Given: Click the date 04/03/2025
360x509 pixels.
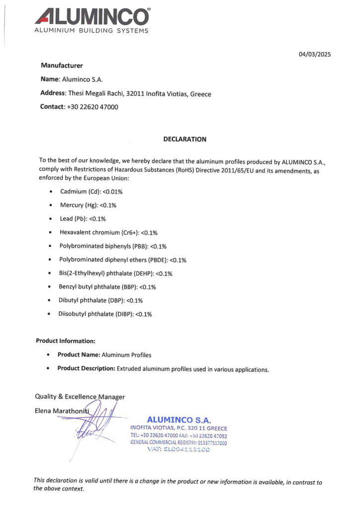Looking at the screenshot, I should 315,55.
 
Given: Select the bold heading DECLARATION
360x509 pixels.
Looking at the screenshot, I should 184,139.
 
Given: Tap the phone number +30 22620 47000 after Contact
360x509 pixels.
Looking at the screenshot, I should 92,107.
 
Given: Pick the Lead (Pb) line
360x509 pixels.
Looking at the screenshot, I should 83,219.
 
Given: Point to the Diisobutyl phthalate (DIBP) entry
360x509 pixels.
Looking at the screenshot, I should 105,314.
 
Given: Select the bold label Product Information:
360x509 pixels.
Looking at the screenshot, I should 66,341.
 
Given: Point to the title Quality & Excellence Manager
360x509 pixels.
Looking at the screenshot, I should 80,397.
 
